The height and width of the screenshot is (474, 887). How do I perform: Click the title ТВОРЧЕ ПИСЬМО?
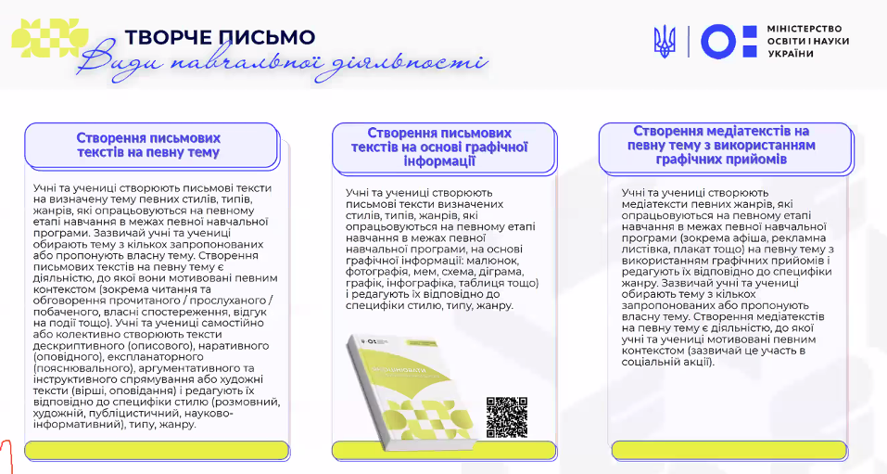[220, 37]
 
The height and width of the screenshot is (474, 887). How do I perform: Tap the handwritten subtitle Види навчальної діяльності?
[283, 64]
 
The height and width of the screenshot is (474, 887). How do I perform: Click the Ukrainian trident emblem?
[665, 42]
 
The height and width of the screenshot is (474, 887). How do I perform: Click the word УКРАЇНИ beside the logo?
[791, 54]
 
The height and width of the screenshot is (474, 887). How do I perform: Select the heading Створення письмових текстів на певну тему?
[148, 145]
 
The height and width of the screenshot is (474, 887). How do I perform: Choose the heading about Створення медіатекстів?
[720, 146]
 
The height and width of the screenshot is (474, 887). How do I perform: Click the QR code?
[506, 416]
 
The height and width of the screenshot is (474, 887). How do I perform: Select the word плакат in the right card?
[696, 250]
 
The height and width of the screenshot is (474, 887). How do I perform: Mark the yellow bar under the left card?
[149, 451]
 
